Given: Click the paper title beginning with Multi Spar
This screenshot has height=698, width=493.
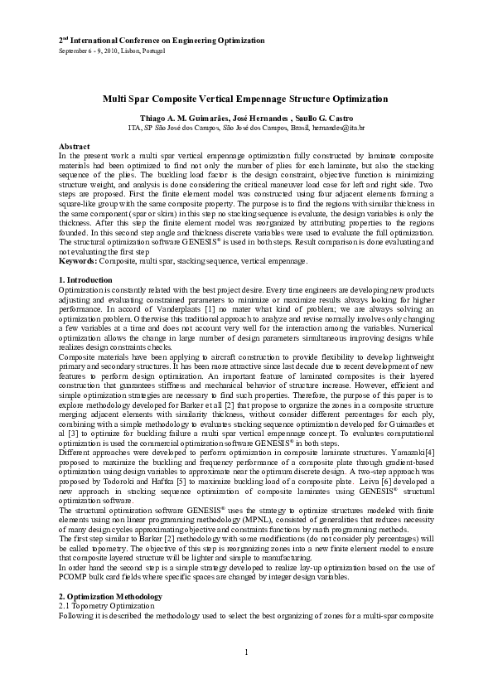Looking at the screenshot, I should (x=246, y=97).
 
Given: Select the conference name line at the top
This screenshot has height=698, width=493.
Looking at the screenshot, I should (x=162, y=40).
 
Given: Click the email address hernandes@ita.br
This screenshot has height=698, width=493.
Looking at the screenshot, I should (x=341, y=129).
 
